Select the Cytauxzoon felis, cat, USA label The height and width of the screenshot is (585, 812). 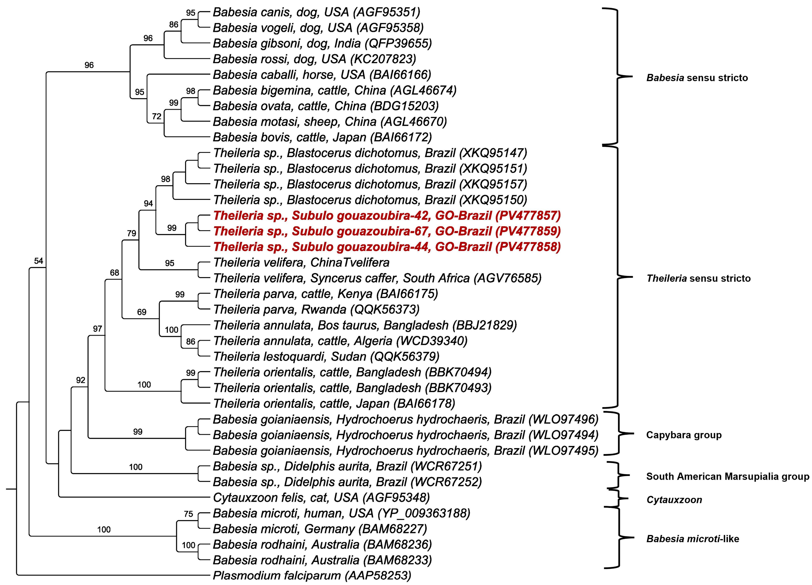click(321, 498)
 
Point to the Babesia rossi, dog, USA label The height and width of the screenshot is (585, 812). click(314, 59)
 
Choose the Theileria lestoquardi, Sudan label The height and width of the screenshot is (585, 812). click(326, 357)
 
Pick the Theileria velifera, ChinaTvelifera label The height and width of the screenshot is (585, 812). click(301, 263)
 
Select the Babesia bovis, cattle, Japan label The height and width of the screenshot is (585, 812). click(322, 137)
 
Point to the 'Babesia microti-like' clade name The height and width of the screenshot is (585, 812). click(692, 539)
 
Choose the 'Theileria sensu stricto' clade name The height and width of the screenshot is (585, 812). click(698, 278)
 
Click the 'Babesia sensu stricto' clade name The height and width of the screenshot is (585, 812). click(697, 78)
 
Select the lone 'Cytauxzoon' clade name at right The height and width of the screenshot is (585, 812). click(674, 500)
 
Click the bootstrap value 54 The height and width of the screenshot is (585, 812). click(38, 261)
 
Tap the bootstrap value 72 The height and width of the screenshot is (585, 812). click(156, 116)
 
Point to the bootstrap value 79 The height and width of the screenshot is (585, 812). click(131, 233)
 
